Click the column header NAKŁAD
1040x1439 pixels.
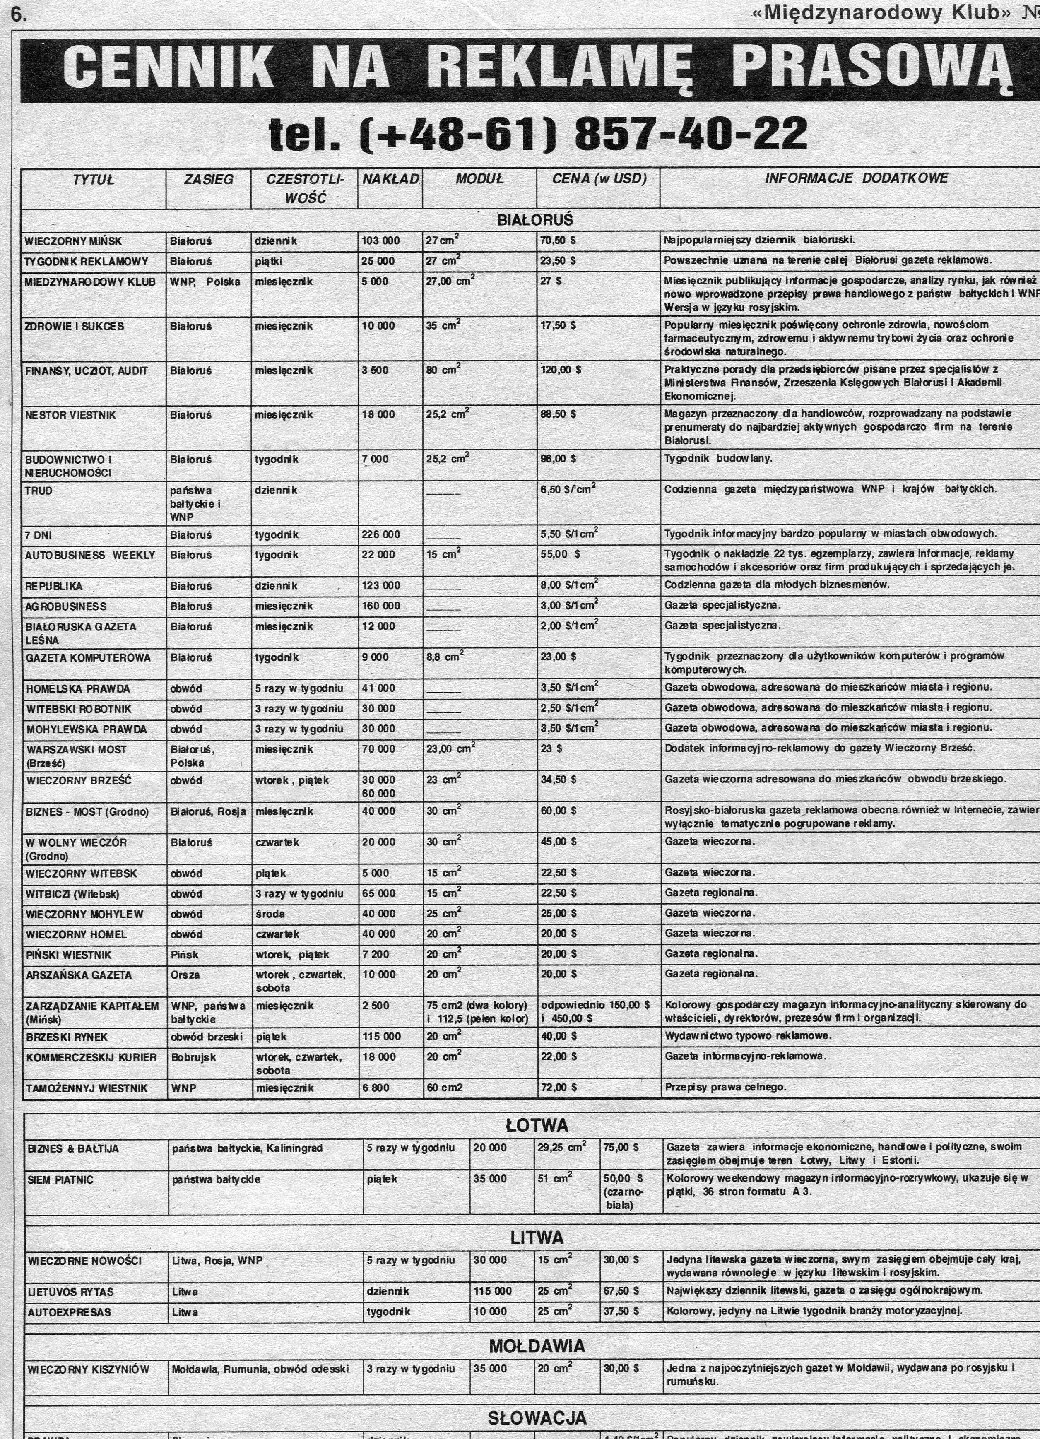390,179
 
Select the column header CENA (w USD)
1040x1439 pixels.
598,179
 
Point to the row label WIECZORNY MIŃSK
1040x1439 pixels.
73,241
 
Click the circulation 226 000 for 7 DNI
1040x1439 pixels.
381,534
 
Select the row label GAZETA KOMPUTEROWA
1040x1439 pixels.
88,658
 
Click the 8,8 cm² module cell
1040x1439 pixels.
445,658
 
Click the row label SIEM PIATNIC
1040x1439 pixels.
60,1179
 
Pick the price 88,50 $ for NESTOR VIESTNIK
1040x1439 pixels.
559,414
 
